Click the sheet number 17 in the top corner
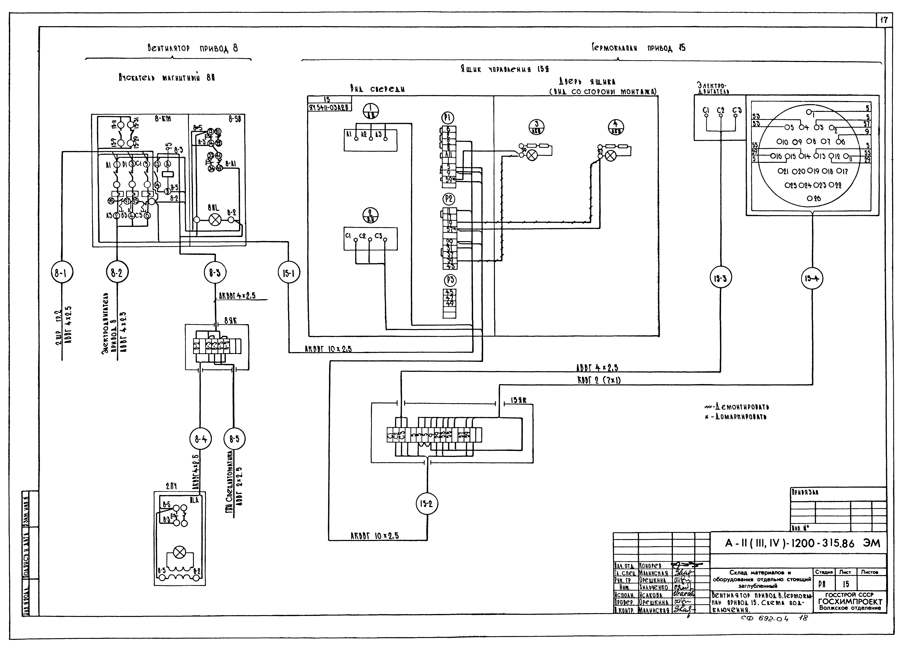884,20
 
